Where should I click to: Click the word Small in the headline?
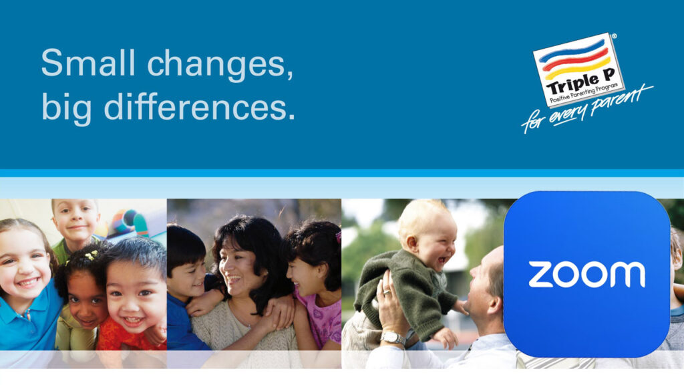click(x=88, y=62)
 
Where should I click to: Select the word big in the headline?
click(x=67, y=109)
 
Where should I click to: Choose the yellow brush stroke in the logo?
click(x=578, y=68)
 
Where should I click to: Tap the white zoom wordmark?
click(x=586, y=275)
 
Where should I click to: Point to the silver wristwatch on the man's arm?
click(x=392, y=338)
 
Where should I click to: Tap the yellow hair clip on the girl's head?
click(x=91, y=255)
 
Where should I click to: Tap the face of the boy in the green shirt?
click(x=75, y=221)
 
